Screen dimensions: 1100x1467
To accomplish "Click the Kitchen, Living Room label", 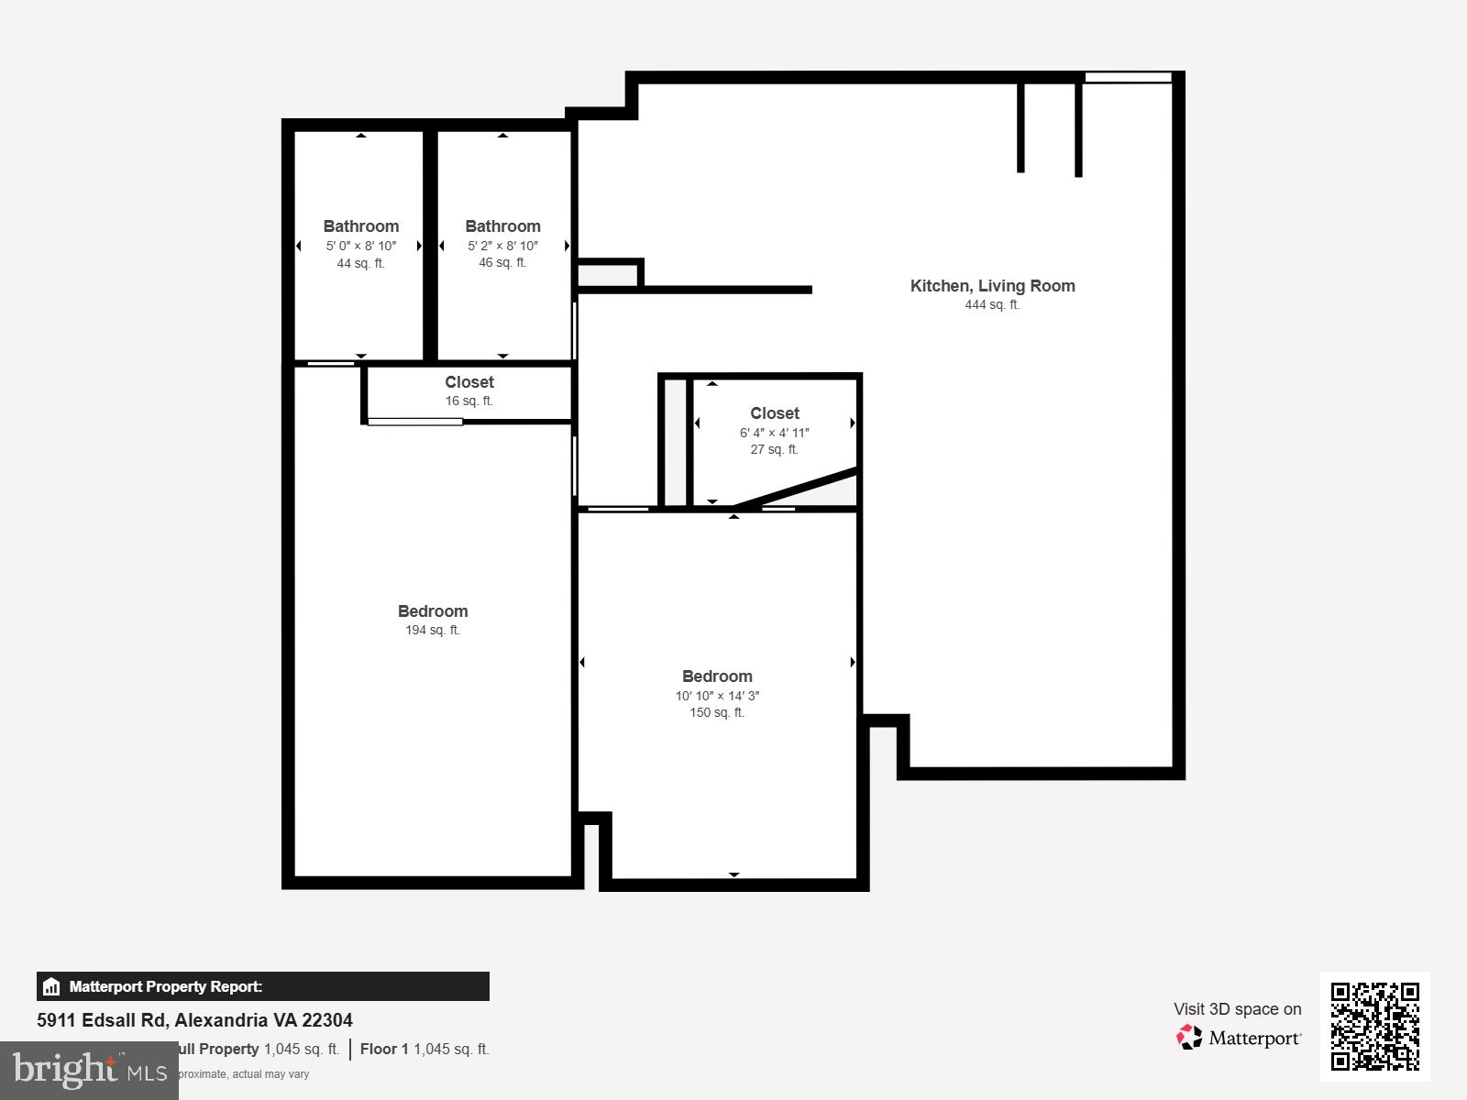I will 992,286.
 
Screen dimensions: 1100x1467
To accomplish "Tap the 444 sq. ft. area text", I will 992,305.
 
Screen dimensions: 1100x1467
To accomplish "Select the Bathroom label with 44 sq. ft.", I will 360,226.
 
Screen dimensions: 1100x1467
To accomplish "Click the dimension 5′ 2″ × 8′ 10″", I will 502,246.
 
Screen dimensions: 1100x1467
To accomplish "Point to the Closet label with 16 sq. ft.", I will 469,382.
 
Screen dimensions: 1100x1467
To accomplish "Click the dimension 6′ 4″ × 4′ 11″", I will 774,433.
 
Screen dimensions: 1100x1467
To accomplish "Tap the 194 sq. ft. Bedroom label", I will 433,611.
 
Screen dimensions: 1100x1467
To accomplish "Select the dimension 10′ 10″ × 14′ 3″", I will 717,696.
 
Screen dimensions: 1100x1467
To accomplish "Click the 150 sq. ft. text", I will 717,713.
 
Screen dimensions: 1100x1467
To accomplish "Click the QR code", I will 1374,1026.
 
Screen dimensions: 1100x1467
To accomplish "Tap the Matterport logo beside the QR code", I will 1239,1038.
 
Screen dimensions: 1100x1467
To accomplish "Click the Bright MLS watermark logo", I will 89,1070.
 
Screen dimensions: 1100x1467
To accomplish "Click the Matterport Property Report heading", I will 166,987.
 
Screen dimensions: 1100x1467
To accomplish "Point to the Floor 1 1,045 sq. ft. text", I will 425,1049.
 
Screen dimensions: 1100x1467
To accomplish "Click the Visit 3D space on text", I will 1237,1009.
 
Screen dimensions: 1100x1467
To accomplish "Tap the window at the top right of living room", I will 1128,78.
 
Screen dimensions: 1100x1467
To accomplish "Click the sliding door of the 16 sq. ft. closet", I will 415,422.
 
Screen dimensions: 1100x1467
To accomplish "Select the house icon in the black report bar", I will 51,987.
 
